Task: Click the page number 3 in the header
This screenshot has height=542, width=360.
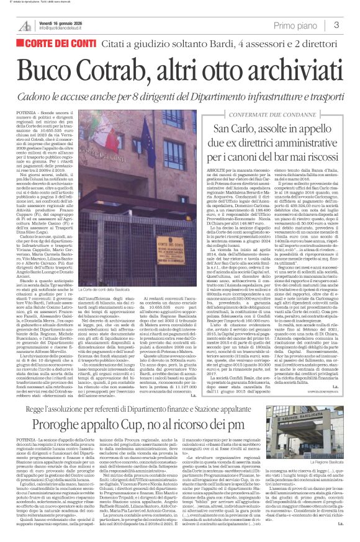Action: [336, 25]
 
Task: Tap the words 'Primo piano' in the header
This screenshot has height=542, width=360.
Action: [295, 25]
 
